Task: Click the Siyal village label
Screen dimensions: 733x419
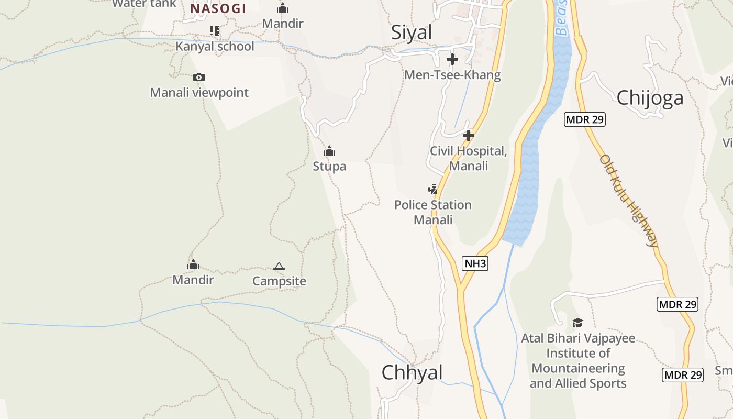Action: [x=412, y=32]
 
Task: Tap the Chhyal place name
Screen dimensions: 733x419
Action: [x=412, y=372]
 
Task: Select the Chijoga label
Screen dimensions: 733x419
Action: [x=650, y=98]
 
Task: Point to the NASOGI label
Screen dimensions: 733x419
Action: [x=218, y=8]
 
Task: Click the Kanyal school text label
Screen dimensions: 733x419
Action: [x=215, y=46]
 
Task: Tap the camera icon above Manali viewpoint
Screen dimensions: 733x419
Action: [x=198, y=78]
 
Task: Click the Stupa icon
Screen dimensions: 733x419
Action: [x=329, y=151]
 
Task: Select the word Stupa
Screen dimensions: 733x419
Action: [x=329, y=167]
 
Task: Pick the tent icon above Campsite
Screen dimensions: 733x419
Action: [x=279, y=267]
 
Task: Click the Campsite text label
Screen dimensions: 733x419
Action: [x=279, y=281]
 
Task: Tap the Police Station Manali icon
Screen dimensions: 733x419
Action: [x=432, y=189]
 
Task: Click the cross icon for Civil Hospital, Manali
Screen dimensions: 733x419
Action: [x=469, y=136]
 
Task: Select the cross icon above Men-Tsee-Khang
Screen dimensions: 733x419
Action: [x=452, y=59]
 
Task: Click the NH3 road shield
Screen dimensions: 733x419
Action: [x=475, y=263]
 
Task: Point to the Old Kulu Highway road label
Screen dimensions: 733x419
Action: [x=629, y=201]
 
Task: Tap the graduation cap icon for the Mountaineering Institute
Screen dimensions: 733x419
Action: [x=577, y=323]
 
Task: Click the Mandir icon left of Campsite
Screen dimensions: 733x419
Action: [x=193, y=264]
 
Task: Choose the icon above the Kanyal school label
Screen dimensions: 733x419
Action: [x=214, y=31]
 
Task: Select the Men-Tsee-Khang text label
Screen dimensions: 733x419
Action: [x=452, y=75]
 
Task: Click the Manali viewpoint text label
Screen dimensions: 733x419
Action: [x=199, y=93]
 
